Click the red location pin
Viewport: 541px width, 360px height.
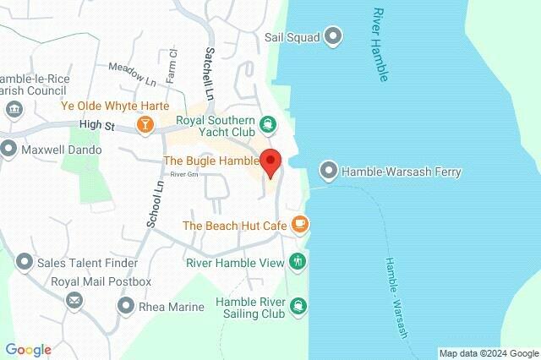click(270, 161)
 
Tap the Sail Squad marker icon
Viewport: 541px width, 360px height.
click(333, 35)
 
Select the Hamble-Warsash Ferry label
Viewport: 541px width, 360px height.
click(402, 172)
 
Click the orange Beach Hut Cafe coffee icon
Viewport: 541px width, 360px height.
click(299, 225)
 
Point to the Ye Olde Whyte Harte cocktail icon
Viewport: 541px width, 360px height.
click(145, 125)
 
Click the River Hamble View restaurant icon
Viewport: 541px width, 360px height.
click(297, 262)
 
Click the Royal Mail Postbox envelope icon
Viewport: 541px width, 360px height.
click(74, 299)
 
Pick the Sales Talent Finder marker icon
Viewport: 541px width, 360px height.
click(25, 263)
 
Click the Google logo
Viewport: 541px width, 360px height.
click(28, 350)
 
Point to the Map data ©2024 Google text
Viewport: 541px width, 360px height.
click(489, 352)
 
